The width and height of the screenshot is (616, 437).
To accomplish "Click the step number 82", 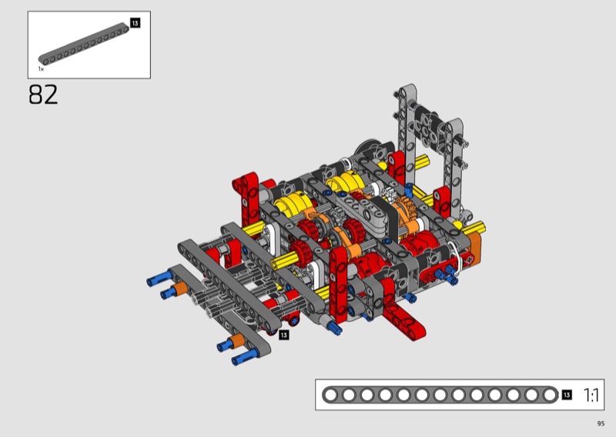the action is coord(43,95).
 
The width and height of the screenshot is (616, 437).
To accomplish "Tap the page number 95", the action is coord(601,423).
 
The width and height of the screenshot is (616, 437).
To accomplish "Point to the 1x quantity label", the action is coord(41,68).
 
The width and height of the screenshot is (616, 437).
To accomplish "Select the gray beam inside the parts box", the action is coord(83,44).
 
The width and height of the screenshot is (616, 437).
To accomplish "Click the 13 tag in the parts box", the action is coord(135,23).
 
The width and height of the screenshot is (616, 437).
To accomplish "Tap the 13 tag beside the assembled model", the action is coord(283,335).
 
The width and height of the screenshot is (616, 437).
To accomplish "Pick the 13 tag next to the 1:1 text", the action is coord(567,395).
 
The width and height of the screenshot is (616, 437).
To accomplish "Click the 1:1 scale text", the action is coord(591,395).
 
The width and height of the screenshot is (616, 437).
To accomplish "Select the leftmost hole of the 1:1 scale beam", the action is coord(331,395).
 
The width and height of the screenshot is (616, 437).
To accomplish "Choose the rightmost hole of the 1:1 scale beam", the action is coord(549,395).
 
